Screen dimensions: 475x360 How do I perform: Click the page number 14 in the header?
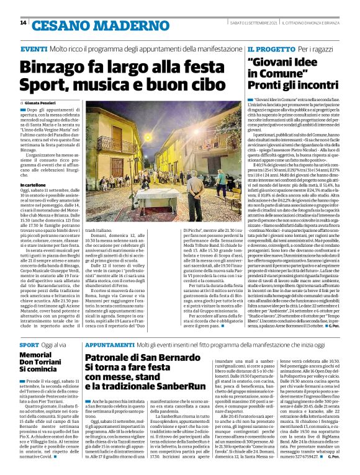(x=23, y=23)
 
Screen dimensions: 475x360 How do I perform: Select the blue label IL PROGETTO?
(x=269, y=48)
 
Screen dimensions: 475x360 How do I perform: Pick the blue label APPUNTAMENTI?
(x=109, y=343)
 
